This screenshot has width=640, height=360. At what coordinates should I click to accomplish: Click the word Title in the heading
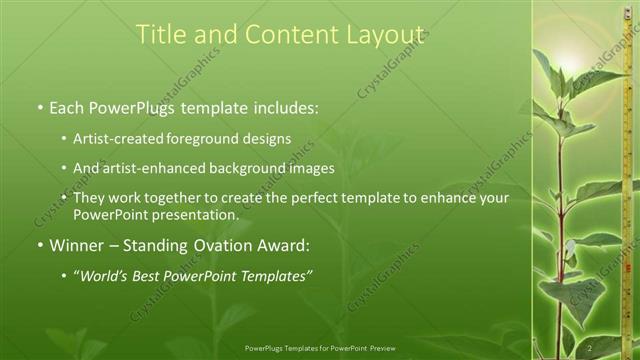pos(165,34)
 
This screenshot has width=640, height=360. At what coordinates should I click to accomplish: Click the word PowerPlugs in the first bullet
pos(136,105)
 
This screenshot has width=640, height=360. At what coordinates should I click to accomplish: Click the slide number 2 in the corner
pos(591,347)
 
